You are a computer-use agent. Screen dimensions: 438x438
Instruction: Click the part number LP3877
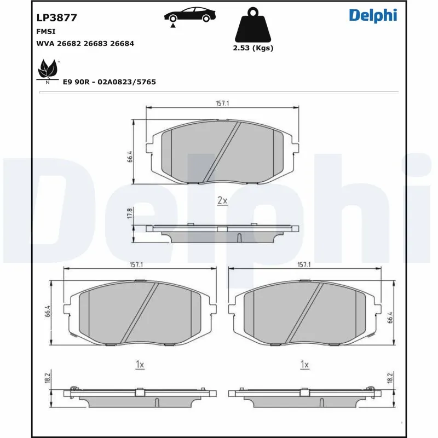coord(56,18)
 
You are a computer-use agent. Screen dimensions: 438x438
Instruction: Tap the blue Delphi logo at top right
coord(373,15)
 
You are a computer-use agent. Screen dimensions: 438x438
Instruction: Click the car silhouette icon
coord(189,15)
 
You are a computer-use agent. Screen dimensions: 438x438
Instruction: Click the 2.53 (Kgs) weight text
coord(253,48)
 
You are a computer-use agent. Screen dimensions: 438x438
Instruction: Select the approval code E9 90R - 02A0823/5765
coord(109,82)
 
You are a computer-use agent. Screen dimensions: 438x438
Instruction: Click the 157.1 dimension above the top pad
coord(222,103)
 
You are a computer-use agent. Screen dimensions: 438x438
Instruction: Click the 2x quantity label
coord(222,201)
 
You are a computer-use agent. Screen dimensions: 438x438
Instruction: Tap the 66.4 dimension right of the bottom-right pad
coord(389,318)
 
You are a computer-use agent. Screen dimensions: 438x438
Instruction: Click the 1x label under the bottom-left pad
coord(140,364)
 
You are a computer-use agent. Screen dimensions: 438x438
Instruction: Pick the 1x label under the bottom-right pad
coord(305,364)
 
